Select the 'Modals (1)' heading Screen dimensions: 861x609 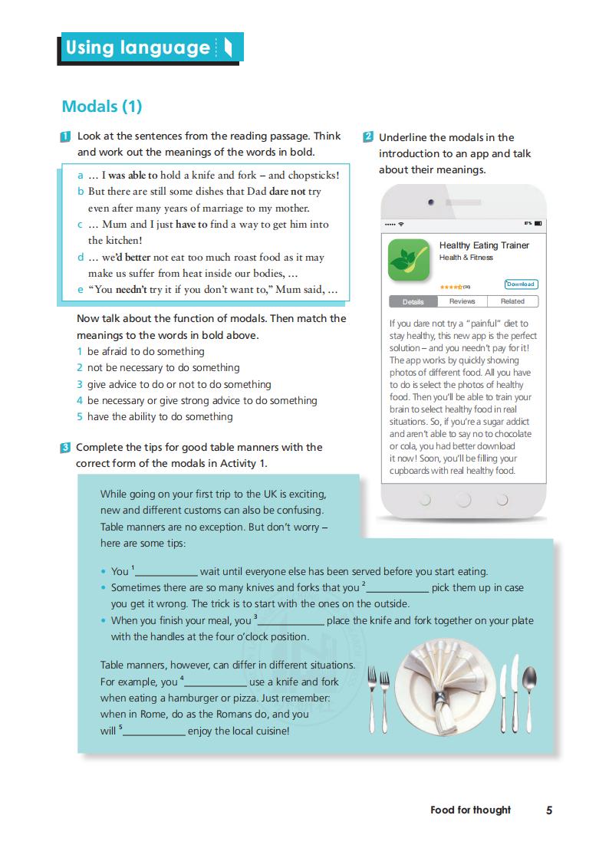102,107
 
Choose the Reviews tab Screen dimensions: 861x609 463,301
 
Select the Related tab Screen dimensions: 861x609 512,301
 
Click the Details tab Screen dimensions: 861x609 413,302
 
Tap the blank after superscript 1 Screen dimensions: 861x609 166,572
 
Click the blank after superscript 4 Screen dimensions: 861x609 216,682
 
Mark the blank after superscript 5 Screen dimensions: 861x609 154,731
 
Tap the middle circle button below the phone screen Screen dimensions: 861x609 463,501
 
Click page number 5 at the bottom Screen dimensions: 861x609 549,810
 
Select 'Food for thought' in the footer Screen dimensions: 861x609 470,810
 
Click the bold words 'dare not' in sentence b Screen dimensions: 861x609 288,192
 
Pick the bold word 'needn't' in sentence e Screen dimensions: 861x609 137,291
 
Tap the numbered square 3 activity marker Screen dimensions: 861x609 66,448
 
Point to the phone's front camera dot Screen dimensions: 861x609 431,202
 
